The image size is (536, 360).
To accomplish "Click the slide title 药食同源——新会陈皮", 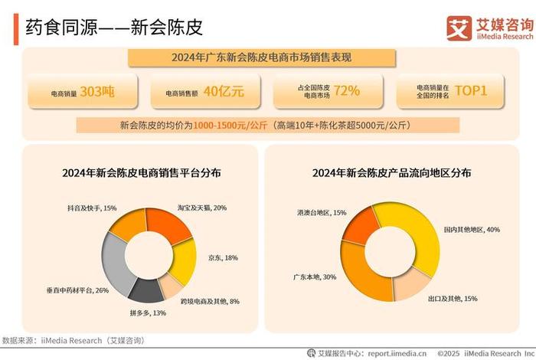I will pos(114,29).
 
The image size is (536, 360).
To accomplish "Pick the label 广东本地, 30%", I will pos(314,277).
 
